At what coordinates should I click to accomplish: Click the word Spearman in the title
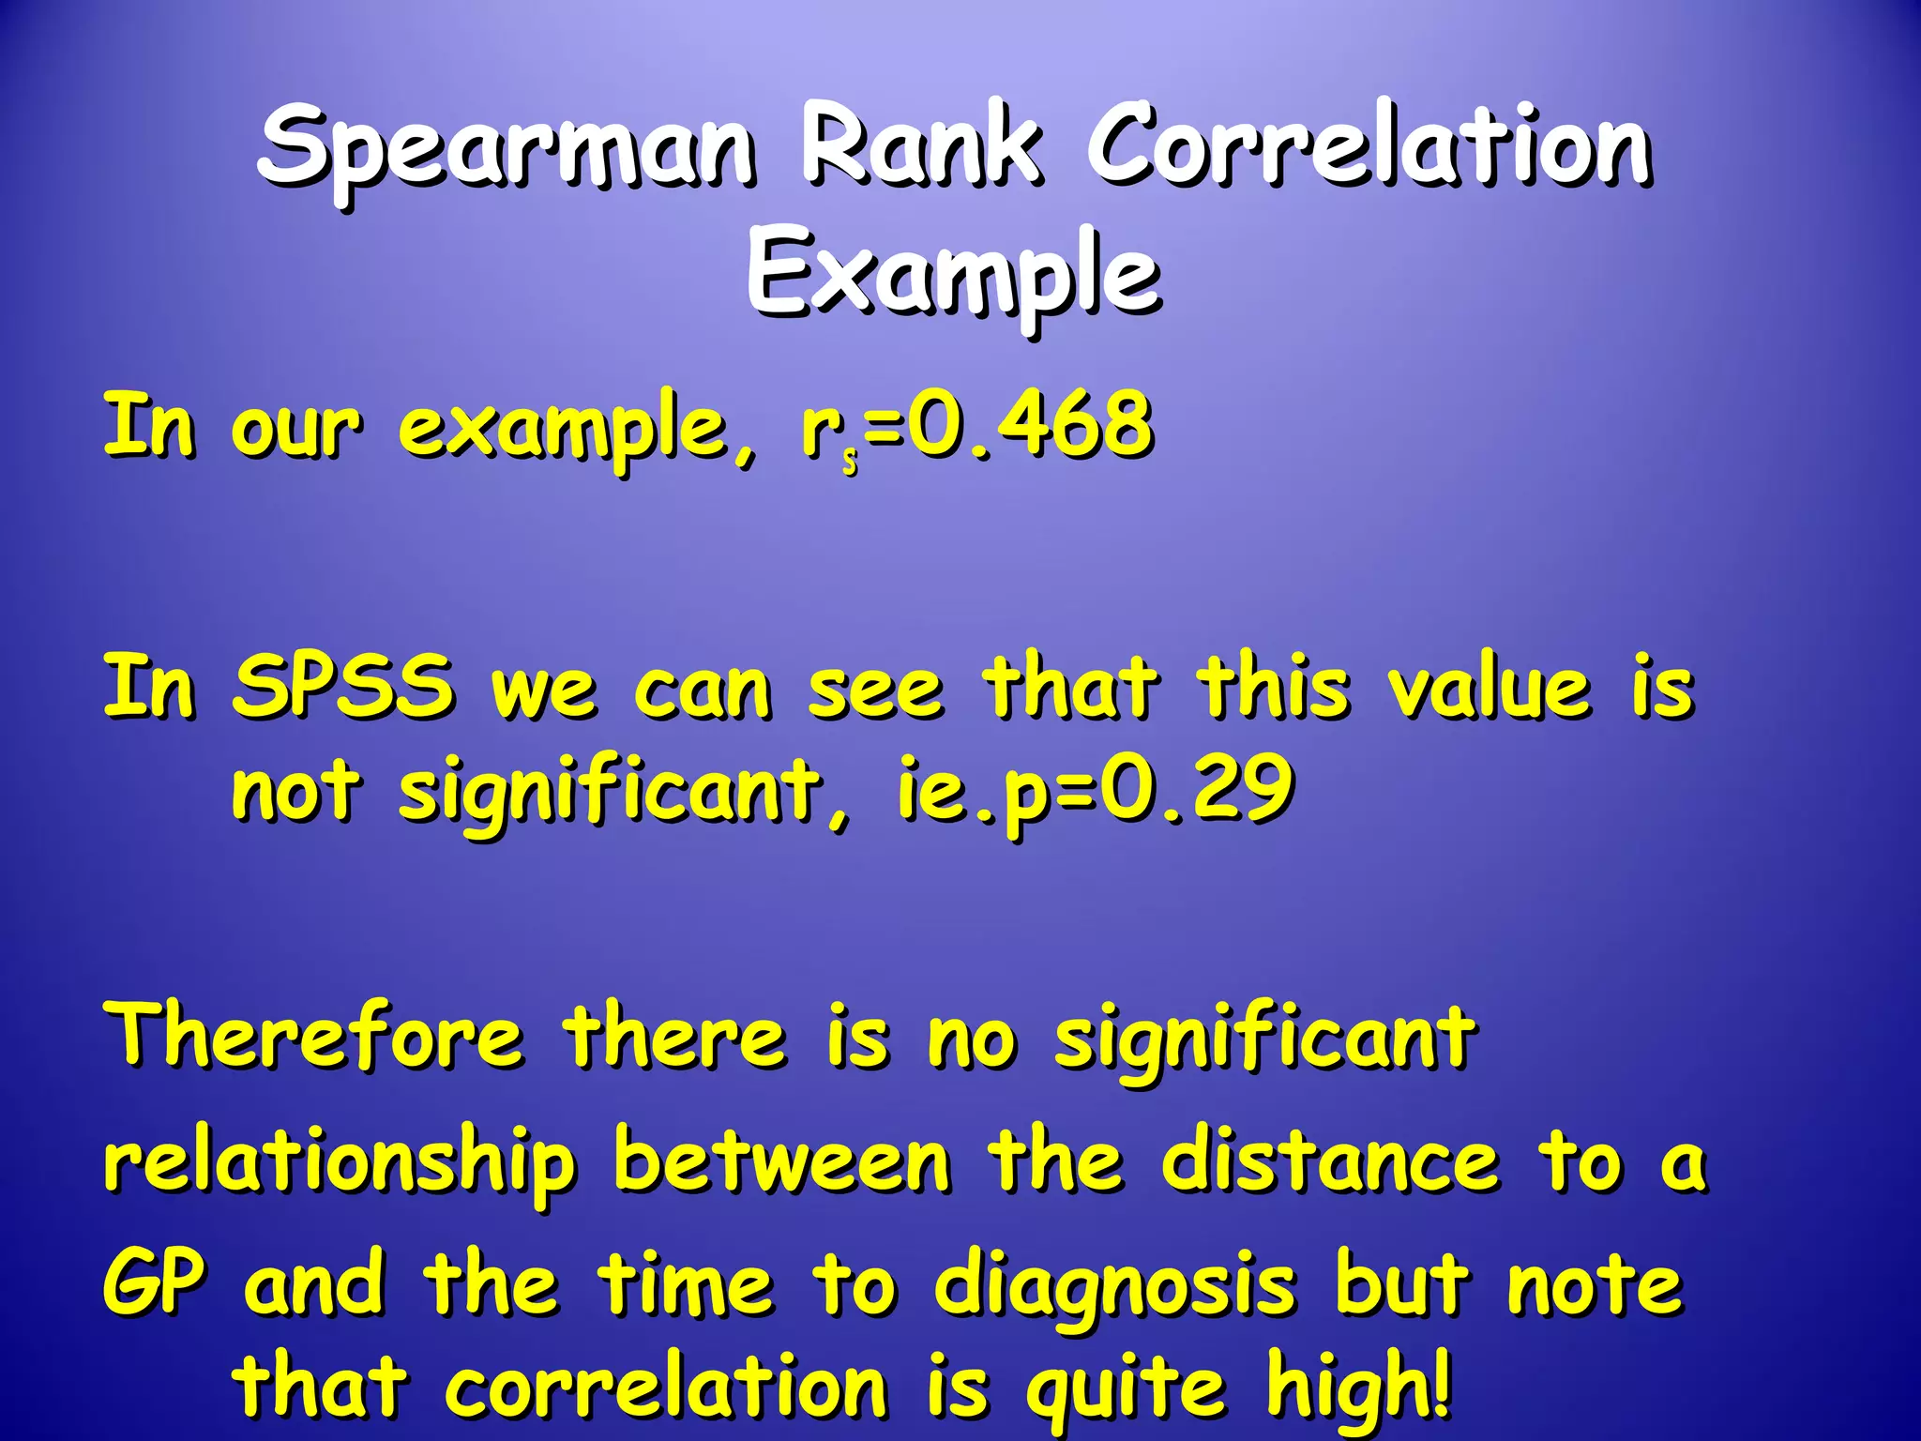[x=507, y=150]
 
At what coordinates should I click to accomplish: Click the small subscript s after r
[x=850, y=462]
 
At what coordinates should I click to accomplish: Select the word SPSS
[x=343, y=686]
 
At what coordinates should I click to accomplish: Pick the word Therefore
[x=314, y=1036]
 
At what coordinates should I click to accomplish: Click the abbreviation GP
[x=153, y=1285]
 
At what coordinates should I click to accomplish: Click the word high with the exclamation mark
[x=1359, y=1385]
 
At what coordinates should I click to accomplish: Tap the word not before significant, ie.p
[x=295, y=790]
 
